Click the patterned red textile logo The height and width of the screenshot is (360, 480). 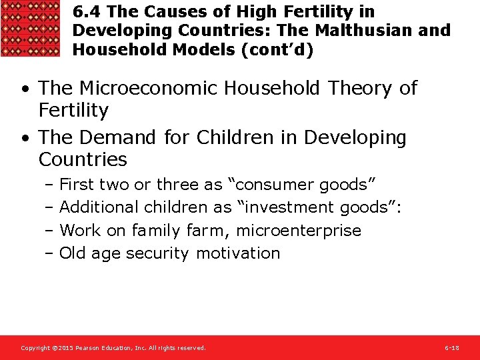pyautogui.click(x=31, y=28)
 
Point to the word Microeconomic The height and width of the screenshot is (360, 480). pyautogui.click(x=148, y=88)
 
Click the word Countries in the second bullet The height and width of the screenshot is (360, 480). pyautogui.click(x=83, y=159)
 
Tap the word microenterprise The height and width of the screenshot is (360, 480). pyautogui.click(x=299, y=231)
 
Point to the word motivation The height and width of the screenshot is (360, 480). pyautogui.click(x=238, y=253)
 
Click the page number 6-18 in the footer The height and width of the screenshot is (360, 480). pyautogui.click(x=451, y=348)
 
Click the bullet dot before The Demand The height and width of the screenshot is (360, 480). pyautogui.click(x=24, y=138)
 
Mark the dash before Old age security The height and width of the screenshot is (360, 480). pyautogui.click(x=50, y=253)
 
